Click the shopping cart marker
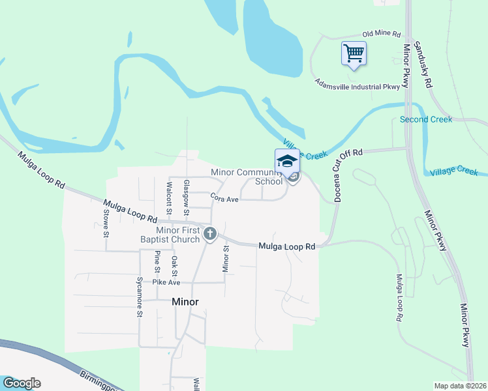click(354, 53)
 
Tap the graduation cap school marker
click(287, 161)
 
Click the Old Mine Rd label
click(381, 34)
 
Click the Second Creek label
click(425, 120)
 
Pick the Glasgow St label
click(186, 198)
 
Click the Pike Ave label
click(166, 282)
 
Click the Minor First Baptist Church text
click(177, 235)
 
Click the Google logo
click(22, 383)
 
